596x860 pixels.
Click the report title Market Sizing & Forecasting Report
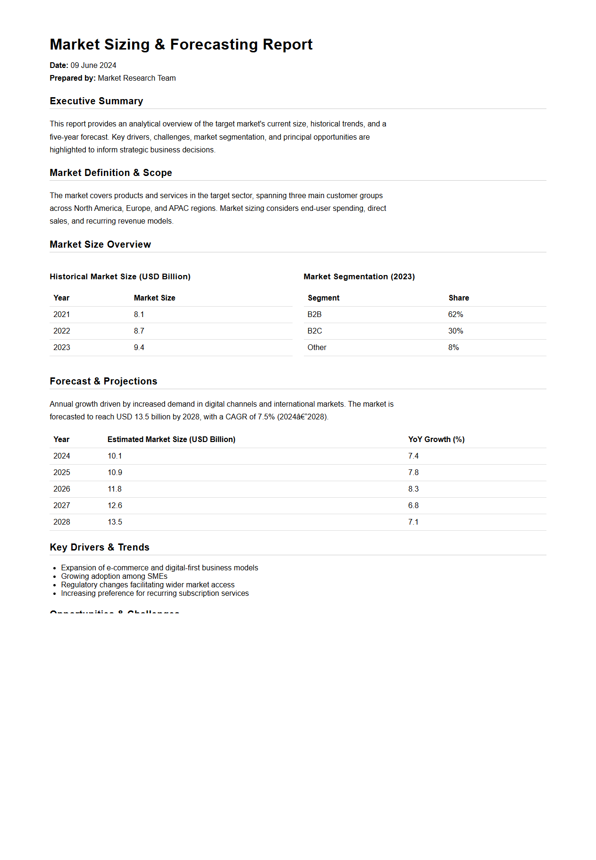181,44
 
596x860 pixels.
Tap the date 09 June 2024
93,65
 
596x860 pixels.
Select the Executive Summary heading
96,101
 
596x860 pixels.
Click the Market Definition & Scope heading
110,173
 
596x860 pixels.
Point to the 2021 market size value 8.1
139,314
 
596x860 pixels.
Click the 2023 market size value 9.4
139,347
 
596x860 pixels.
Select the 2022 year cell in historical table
61,331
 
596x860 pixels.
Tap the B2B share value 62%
455,314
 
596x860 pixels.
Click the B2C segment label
314,331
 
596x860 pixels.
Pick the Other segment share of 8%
453,347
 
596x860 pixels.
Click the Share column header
458,298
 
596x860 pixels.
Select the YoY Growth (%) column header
436,439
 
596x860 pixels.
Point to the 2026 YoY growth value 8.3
413,489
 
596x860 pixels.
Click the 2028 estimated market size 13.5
115,522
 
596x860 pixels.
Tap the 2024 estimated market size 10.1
115,456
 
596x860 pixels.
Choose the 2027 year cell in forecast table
61,505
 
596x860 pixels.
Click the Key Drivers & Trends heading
99,547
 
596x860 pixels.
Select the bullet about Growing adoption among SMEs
114,576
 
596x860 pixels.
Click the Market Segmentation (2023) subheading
359,276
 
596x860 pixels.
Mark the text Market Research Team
136,78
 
